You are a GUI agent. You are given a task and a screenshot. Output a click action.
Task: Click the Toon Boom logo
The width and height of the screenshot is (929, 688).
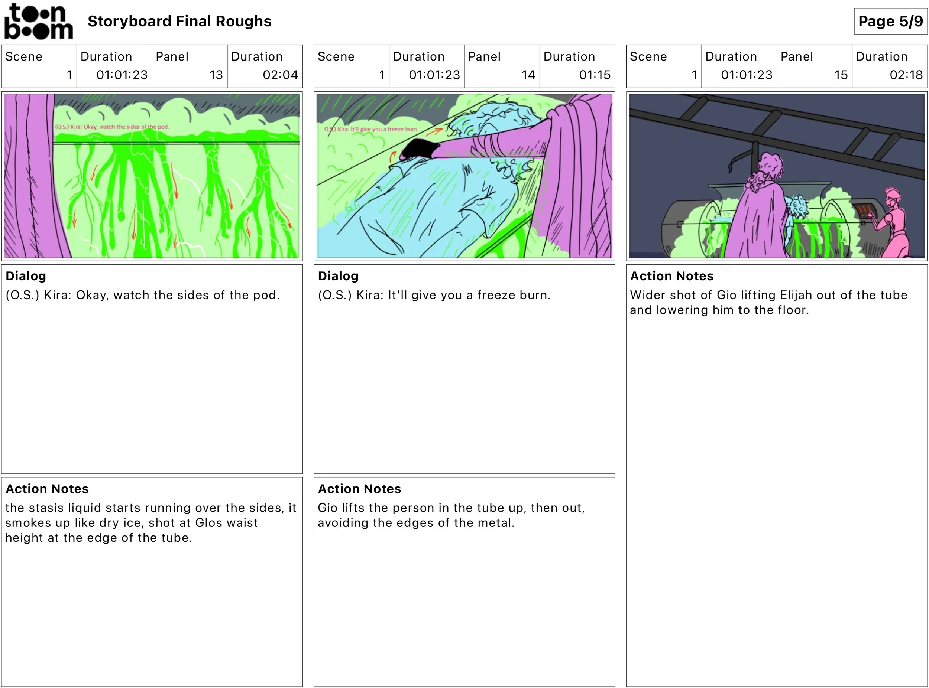pos(38,22)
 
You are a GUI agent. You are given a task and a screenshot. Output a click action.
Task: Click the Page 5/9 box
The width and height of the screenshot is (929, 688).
pos(890,21)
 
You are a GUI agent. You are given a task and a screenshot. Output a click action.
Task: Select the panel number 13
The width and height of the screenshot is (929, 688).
pos(216,75)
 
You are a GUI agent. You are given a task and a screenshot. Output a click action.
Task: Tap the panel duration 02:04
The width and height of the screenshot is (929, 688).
pos(280,75)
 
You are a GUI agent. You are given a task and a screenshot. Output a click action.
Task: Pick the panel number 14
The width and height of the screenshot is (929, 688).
pos(528,75)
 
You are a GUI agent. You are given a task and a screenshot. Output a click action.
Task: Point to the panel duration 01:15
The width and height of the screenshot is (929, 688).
pos(594,75)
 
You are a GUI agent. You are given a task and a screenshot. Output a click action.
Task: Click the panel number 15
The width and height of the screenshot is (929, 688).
pos(841,75)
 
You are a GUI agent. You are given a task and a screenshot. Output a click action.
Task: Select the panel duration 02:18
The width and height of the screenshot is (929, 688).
pos(906,75)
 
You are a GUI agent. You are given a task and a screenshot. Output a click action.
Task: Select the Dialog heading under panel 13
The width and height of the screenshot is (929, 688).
pos(26,276)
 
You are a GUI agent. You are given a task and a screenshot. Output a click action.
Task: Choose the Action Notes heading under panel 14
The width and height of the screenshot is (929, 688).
pos(359,489)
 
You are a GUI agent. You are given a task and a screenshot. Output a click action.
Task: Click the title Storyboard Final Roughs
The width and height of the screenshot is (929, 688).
pos(179,21)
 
